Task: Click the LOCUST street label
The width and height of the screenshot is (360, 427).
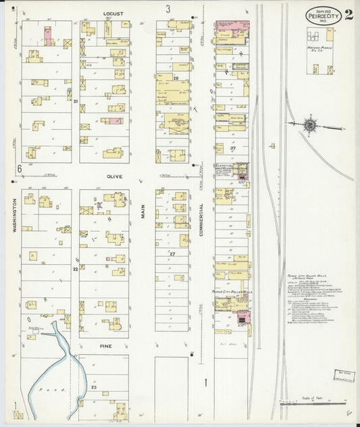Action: [112, 13]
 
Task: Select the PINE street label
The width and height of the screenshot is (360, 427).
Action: [105, 345]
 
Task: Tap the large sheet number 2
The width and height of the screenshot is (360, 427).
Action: [347, 15]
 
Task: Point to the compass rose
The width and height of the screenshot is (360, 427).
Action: [309, 124]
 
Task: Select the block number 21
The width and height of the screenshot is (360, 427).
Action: [76, 101]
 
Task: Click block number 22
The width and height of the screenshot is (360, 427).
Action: [75, 268]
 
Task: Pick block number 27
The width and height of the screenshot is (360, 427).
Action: [172, 253]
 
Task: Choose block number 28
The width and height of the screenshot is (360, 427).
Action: [175, 78]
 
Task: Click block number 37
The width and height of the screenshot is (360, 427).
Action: [232, 148]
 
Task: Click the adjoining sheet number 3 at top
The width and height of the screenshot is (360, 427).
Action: [168, 9]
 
